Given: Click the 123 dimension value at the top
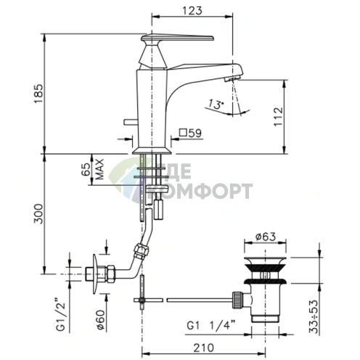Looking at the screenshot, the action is (192, 11).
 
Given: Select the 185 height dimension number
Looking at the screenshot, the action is (38, 94).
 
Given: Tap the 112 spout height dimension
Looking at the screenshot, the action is (279, 116).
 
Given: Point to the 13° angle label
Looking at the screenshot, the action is (216, 105).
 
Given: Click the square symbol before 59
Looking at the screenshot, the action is (183, 132).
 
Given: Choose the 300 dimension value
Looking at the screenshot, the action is (38, 214).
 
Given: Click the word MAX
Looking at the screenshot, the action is (99, 169).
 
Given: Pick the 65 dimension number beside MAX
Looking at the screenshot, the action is (86, 169).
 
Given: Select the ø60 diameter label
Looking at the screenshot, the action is (100, 319).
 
